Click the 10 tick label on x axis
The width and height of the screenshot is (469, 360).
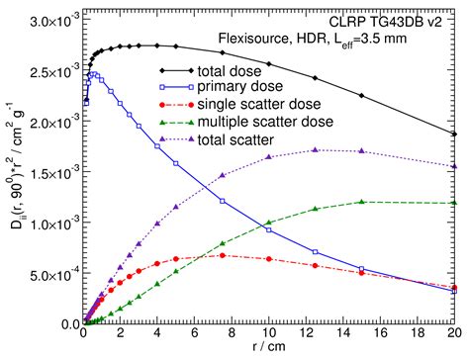(270, 334)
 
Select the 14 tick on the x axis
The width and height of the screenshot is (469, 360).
(344, 334)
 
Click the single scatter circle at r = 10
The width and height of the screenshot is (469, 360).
(270, 259)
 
